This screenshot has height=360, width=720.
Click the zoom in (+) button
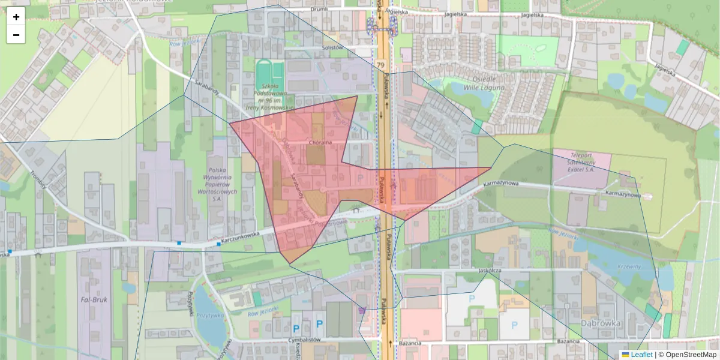(16, 17)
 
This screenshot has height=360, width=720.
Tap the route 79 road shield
(381, 64)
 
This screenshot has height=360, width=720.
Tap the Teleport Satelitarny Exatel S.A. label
(581, 162)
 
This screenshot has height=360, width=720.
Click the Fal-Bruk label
(94, 298)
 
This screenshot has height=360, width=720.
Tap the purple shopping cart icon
(361, 310)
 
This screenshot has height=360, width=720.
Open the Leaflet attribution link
(641, 355)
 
